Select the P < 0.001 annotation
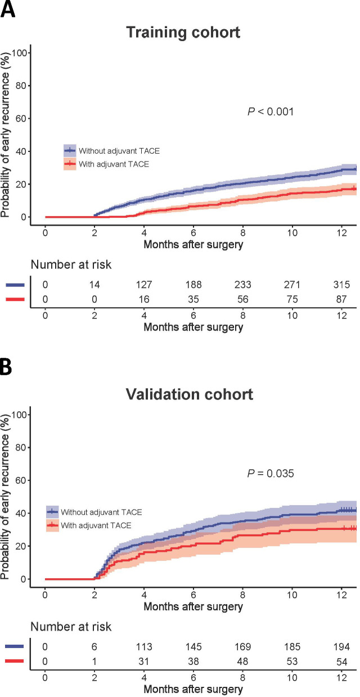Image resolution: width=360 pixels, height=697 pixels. (271, 112)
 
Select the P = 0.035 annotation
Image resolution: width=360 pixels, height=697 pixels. (271, 474)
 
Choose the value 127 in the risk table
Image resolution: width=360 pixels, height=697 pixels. (144, 285)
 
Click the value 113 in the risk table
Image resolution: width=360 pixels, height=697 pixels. (144, 647)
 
